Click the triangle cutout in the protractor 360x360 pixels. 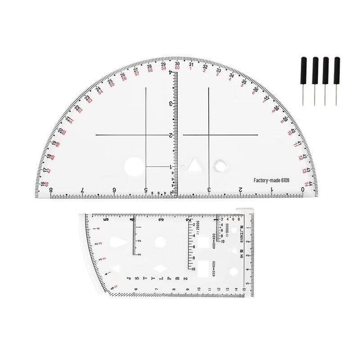coord(194,165)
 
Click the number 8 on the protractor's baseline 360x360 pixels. coord(50,190)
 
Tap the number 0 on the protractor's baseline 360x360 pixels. coord(303,190)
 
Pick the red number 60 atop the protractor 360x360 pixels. coord(177,68)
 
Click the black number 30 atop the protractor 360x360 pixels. coord(177,64)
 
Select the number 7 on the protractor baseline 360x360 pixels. coord(82,190)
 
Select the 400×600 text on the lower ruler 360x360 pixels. coord(214,269)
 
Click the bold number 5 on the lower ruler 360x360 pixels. coord(106,220)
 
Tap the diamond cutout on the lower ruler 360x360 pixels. coord(158,269)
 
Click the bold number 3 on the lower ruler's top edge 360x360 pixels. coord(161,220)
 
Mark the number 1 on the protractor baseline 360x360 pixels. coord(272,190)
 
